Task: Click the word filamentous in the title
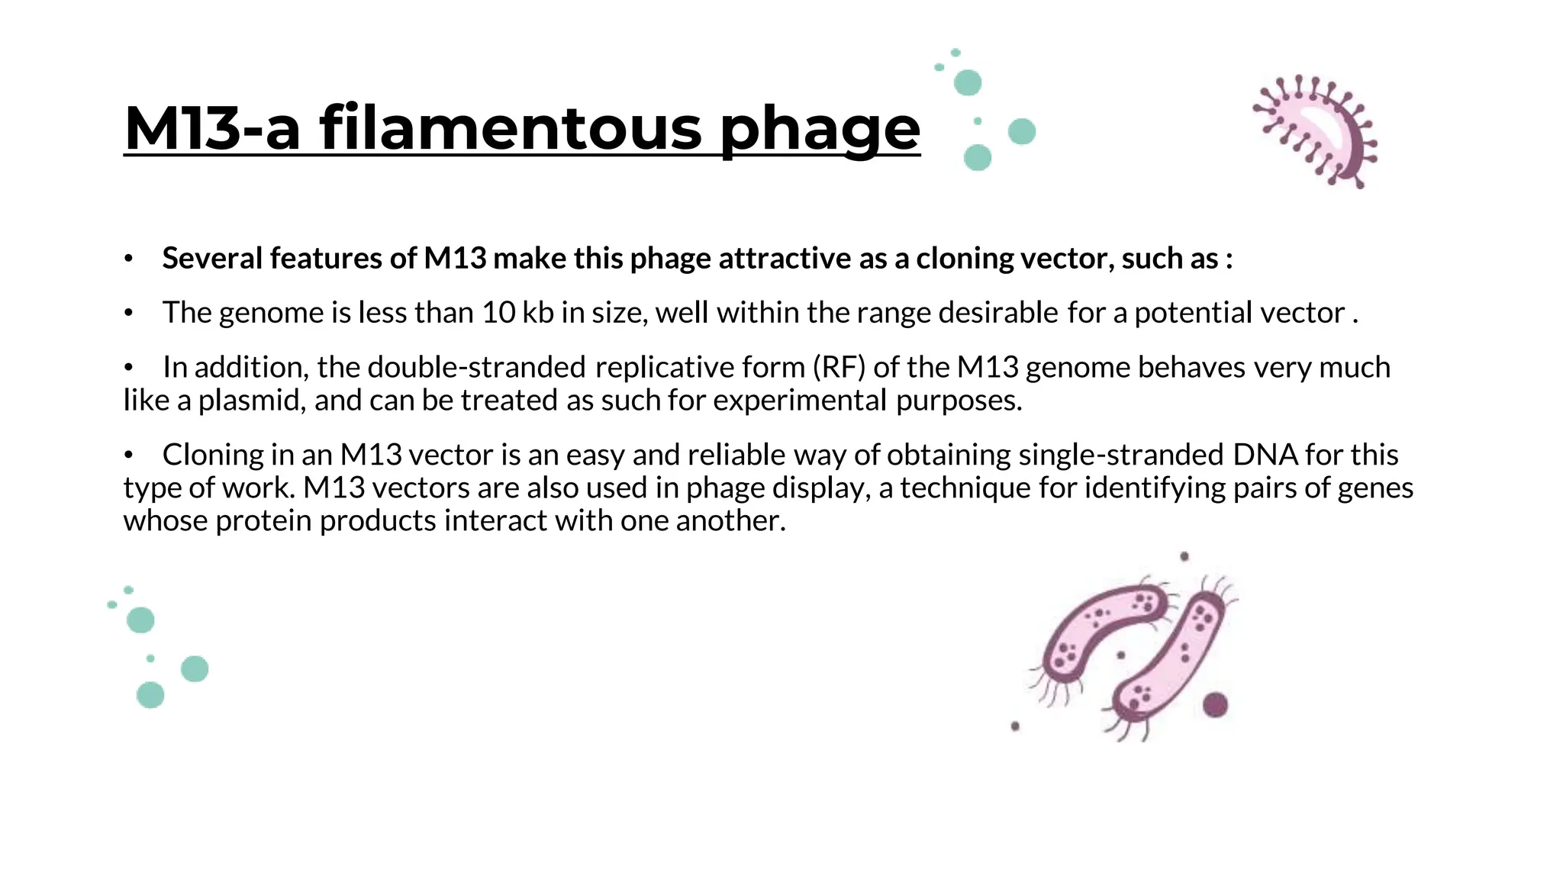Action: point(511,128)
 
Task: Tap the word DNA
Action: point(1265,455)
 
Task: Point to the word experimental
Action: point(800,401)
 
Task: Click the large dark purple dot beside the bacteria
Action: point(1215,704)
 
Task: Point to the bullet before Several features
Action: point(129,259)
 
